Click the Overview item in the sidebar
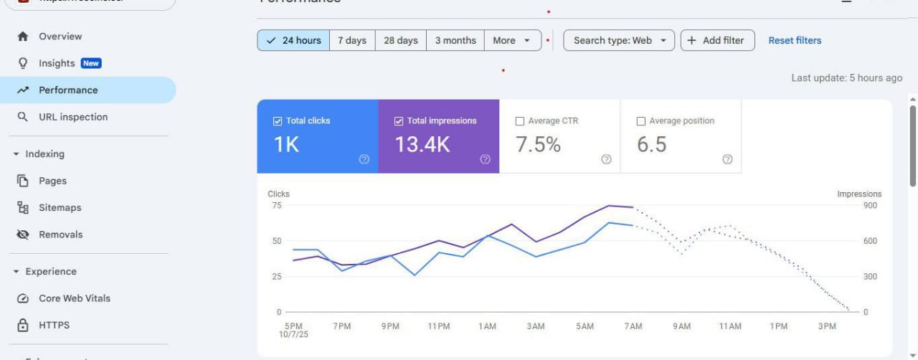(60, 37)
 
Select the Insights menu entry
(57, 63)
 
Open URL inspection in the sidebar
(73, 117)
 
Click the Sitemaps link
(60, 208)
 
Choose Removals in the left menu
(60, 235)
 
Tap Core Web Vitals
(74, 298)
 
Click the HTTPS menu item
(54, 325)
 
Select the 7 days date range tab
(352, 40)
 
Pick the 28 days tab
(400, 40)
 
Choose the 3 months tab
(455, 40)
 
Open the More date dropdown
(512, 40)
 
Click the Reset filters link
(795, 40)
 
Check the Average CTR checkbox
(520, 121)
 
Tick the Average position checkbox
(641, 121)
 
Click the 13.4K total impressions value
(422, 144)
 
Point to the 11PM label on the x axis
(439, 326)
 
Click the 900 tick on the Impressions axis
(870, 206)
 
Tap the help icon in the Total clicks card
(364, 159)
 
